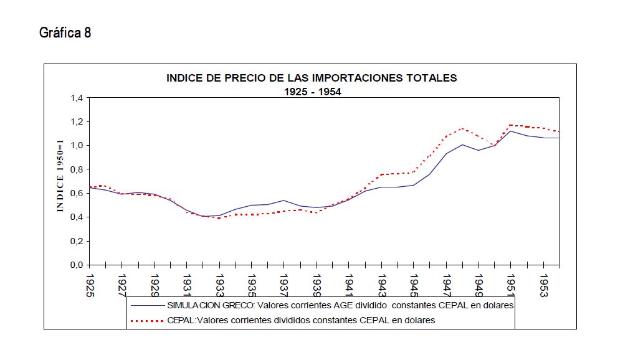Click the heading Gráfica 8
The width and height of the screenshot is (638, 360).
[x=65, y=33]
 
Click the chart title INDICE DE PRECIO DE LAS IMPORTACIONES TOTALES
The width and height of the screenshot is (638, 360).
[x=312, y=78]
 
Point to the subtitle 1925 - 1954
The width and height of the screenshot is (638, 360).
[x=312, y=91]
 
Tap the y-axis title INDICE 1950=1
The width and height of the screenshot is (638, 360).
[x=60, y=176]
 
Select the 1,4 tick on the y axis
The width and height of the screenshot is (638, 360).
[x=77, y=98]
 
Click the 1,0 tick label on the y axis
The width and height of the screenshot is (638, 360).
[x=77, y=146]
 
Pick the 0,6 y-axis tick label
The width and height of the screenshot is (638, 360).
[x=77, y=193]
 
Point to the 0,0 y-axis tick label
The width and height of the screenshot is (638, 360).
[x=77, y=265]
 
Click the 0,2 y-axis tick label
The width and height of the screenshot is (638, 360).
[x=77, y=241]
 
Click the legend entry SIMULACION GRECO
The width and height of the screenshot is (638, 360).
[x=340, y=306]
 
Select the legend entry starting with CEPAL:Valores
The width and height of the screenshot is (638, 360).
[x=301, y=320]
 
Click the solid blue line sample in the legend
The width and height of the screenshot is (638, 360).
[x=147, y=306]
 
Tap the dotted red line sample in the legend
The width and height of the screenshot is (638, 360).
[x=147, y=320]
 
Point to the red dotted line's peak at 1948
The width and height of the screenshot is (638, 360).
[x=462, y=128]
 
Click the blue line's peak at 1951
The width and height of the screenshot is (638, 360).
[x=511, y=131]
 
